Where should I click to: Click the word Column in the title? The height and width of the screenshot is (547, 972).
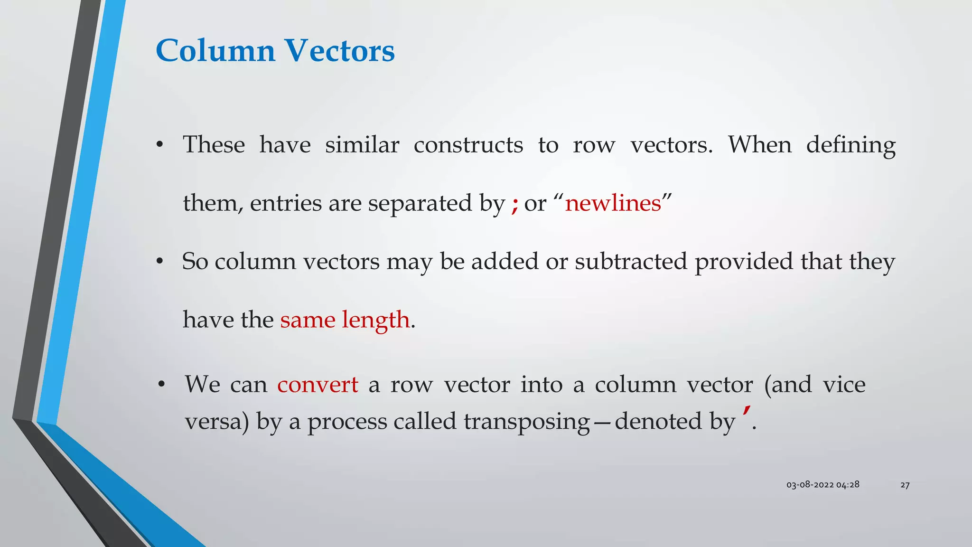pos(215,50)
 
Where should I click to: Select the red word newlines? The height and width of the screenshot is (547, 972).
pos(613,203)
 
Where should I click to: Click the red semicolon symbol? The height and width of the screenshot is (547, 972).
pos(514,205)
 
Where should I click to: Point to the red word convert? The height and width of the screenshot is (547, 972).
pos(318,384)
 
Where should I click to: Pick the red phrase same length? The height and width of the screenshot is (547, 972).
pos(345,320)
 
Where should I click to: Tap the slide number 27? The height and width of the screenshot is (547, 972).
pos(905,485)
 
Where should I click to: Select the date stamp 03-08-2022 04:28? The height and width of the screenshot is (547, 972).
pos(822,485)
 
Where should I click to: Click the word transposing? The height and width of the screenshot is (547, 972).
pos(526,422)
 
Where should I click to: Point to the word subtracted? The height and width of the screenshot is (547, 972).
pos(631,262)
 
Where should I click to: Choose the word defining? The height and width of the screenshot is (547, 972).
pos(850,145)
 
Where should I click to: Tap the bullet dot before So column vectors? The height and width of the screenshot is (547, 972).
pos(160,262)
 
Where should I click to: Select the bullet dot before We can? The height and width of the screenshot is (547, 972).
pos(162,385)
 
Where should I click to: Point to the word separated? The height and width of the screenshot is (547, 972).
pos(420,203)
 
